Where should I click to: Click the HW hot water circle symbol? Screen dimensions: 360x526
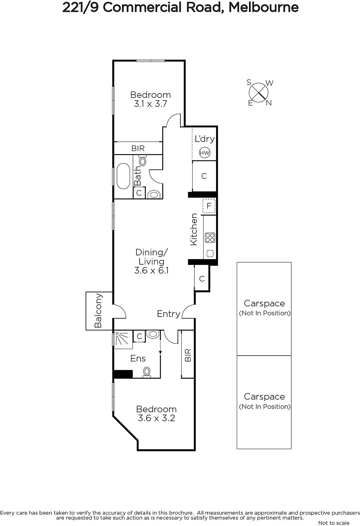pos(204,153)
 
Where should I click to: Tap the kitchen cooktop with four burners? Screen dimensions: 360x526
pos(210,237)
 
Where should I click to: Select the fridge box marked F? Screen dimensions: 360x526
pos(209,206)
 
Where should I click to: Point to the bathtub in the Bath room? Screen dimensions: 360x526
pos(123,176)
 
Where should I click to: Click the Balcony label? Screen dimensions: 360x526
pos(98,310)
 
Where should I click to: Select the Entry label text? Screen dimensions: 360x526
pos(169,314)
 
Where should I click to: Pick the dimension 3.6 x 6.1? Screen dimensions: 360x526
pos(151,271)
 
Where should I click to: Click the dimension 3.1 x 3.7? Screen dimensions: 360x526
pos(150,104)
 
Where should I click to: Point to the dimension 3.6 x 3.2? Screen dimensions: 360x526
pos(157,418)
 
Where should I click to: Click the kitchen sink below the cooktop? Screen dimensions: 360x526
pos(210,253)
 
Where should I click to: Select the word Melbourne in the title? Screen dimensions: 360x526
pos(263,8)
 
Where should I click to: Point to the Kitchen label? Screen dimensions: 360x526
pos(193,229)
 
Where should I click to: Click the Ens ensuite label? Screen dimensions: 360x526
pos(138,358)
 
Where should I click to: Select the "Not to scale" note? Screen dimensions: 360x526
pos(334,523)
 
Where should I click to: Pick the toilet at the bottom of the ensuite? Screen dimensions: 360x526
pos(147,372)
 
